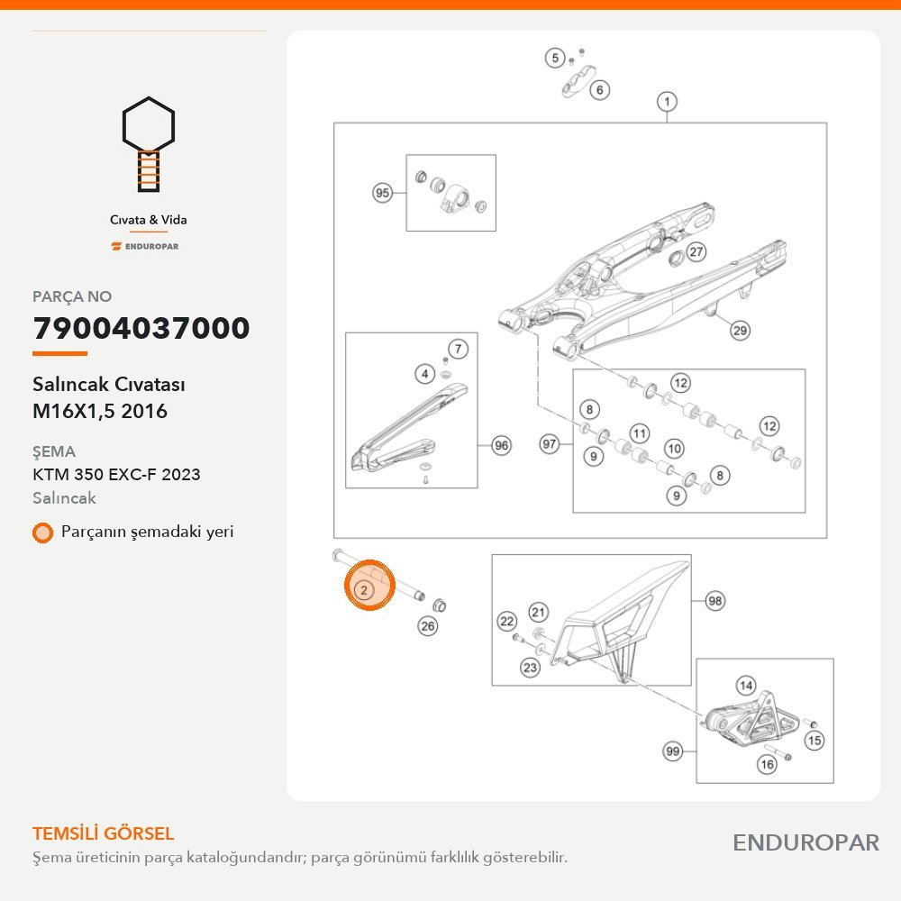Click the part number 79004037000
pyautogui.click(x=141, y=328)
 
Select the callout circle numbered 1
pyautogui.click(x=667, y=102)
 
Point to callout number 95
pyautogui.click(x=383, y=193)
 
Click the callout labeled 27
pyautogui.click(x=696, y=251)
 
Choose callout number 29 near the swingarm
pyautogui.click(x=740, y=331)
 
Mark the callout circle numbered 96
pyautogui.click(x=502, y=445)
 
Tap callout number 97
pyautogui.click(x=550, y=443)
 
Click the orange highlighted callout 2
pyautogui.click(x=364, y=589)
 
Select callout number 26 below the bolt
pyautogui.click(x=428, y=626)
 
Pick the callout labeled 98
pyautogui.click(x=714, y=601)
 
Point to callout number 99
pyautogui.click(x=672, y=751)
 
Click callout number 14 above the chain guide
pyautogui.click(x=746, y=685)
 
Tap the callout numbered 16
pyautogui.click(x=767, y=764)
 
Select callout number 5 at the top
pyautogui.click(x=555, y=58)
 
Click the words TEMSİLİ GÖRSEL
pyautogui.click(x=104, y=833)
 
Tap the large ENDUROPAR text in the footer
pyautogui.click(x=806, y=843)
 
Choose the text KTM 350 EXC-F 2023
pyautogui.click(x=116, y=475)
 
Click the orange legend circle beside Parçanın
pyautogui.click(x=42, y=532)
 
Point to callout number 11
pyautogui.click(x=640, y=433)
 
